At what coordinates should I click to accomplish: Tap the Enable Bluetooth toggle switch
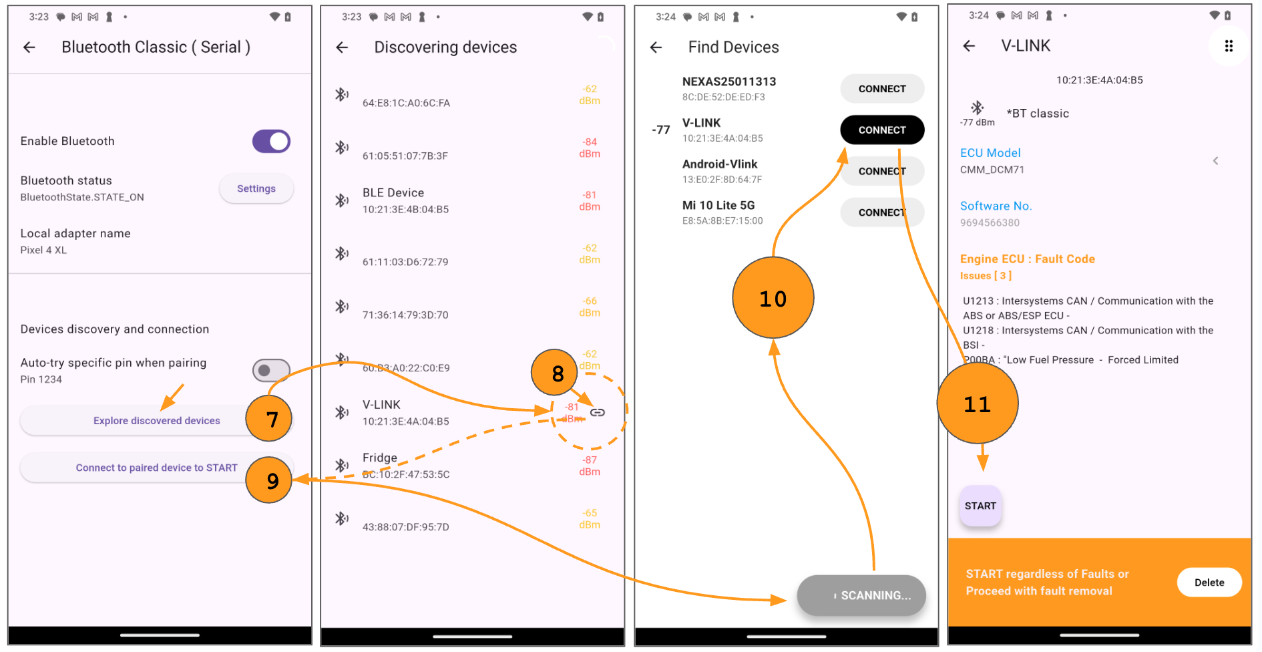click(271, 142)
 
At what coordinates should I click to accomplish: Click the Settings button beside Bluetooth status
click(256, 189)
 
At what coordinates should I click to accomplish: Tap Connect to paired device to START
click(156, 468)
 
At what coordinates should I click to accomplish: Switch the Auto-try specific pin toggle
click(271, 370)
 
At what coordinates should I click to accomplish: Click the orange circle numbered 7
click(269, 419)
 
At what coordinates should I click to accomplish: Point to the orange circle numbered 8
click(554, 373)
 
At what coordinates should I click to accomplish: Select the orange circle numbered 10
click(773, 298)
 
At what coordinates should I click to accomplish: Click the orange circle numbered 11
click(977, 403)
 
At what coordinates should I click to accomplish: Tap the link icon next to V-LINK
click(598, 412)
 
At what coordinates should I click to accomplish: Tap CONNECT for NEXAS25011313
click(881, 89)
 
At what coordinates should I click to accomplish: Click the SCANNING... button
click(861, 595)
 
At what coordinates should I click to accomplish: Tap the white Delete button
click(1209, 583)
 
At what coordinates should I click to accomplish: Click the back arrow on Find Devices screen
click(656, 47)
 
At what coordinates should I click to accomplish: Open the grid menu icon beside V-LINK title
click(1228, 46)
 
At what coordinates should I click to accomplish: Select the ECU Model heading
click(990, 153)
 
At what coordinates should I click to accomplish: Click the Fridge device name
click(379, 458)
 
